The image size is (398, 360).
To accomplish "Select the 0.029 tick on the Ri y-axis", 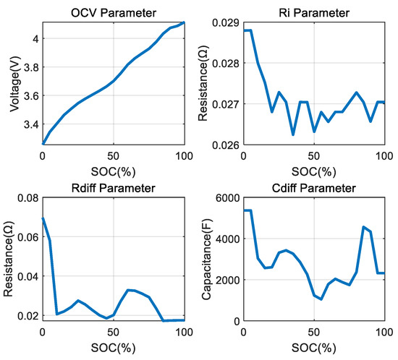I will click(x=229, y=22).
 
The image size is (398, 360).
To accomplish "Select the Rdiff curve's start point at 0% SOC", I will click(x=43, y=218).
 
